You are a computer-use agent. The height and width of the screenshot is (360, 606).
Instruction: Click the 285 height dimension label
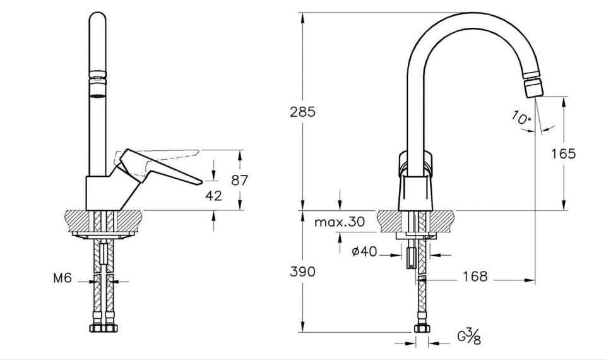pyautogui.click(x=302, y=112)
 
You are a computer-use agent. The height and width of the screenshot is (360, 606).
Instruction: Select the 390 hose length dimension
pyautogui.click(x=302, y=272)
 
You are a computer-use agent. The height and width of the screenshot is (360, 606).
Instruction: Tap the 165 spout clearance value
pyautogui.click(x=563, y=154)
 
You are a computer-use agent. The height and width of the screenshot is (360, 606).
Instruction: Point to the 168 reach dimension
pyautogui.click(x=475, y=277)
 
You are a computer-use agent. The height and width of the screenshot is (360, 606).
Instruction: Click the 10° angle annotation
pyautogui.click(x=521, y=117)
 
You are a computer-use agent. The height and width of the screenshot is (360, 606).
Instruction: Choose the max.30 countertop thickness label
pyautogui.click(x=340, y=222)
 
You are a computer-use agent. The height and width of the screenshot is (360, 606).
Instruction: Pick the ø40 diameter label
pyautogui.click(x=364, y=251)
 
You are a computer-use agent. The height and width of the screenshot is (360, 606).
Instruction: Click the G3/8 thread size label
pyautogui.click(x=469, y=336)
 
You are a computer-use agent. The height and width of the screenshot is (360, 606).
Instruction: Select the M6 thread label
pyautogui.click(x=62, y=278)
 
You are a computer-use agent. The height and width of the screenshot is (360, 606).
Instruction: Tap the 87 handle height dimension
pyautogui.click(x=240, y=180)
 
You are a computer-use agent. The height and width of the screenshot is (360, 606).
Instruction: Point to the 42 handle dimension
pyautogui.click(x=214, y=196)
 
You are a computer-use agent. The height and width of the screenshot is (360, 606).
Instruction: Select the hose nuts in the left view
pyautogui.click(x=104, y=327)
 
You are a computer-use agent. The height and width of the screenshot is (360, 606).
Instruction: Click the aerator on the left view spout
pyautogui.click(x=97, y=84)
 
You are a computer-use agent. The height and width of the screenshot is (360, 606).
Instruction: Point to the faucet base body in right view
pyautogui.click(x=415, y=192)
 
